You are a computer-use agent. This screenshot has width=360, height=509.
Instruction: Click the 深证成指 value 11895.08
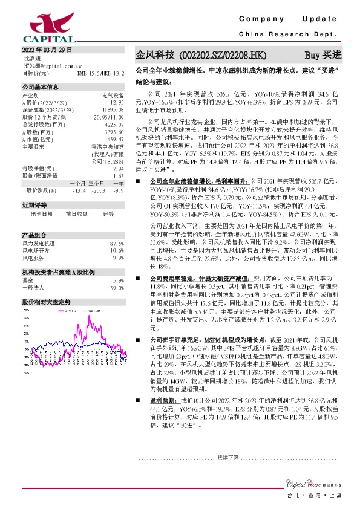[113, 110]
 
